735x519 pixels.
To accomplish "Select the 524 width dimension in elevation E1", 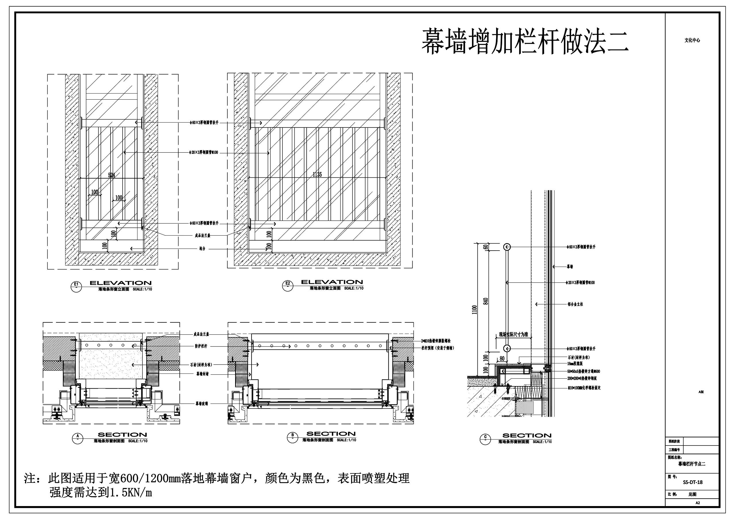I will (111, 175).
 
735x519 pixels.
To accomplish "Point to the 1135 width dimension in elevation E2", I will (317, 174).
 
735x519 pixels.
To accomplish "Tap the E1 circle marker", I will (76, 286).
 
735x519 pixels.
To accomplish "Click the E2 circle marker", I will (287, 285).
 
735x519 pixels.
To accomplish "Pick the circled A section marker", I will (78, 438).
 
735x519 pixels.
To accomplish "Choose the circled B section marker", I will (292, 437).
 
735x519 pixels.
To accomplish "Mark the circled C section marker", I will (485, 439).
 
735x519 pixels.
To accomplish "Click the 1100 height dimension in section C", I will (474, 309).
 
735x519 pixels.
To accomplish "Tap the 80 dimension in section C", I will (502, 359).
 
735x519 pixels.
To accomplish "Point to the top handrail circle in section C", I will (507, 247).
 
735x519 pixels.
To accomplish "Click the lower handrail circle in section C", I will (507, 348).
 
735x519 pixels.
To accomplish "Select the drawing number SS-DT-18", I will (693, 482).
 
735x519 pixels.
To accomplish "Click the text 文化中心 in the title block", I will (692, 40).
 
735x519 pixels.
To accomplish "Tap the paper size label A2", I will (698, 503).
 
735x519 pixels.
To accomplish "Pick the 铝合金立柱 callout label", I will (575, 304).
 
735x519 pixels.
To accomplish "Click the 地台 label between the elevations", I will (202, 249).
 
